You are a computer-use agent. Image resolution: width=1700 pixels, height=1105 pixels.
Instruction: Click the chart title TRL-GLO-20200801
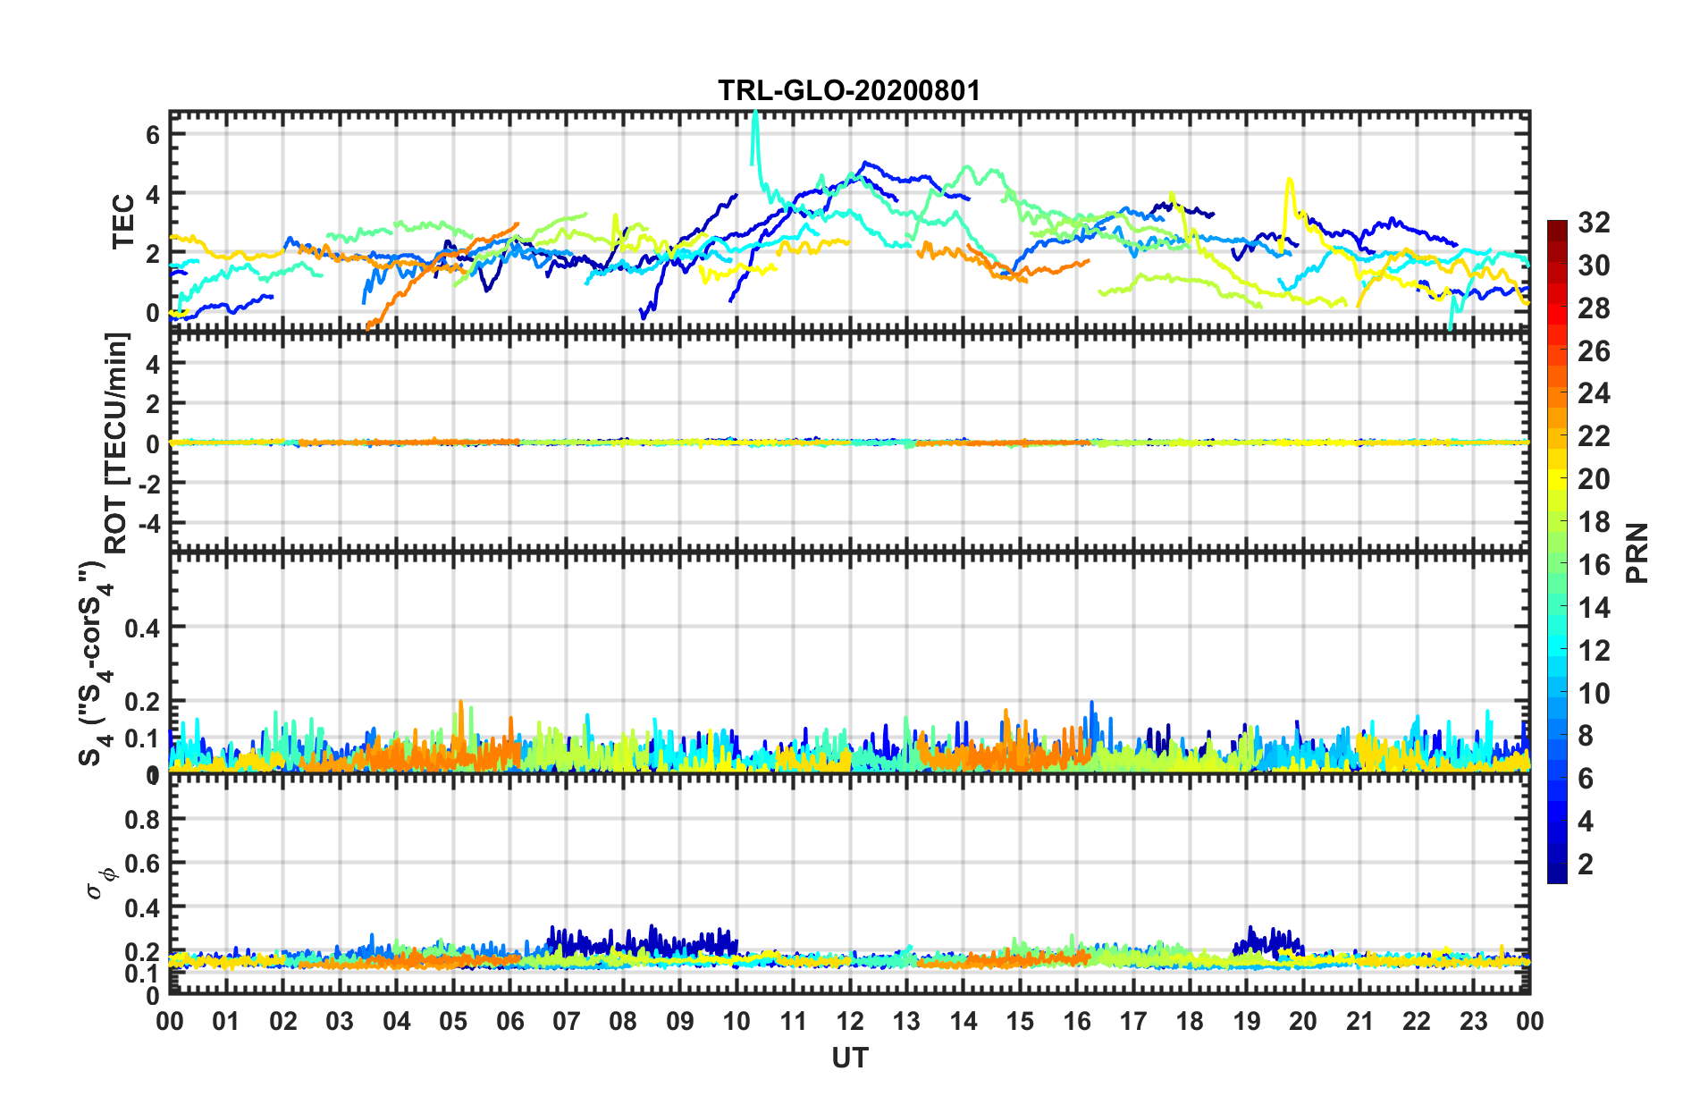pos(849,90)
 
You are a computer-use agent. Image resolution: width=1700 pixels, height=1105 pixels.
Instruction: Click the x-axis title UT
pos(849,1059)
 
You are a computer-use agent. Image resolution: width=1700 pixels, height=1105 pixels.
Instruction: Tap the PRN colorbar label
pos(1637,552)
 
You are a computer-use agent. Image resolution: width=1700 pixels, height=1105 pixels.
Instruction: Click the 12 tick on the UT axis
pos(850,1022)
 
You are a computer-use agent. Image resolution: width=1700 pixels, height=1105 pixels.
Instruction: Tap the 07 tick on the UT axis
pos(567,1022)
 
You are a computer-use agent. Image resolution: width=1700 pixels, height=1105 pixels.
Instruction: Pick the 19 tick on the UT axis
pos(1247,1022)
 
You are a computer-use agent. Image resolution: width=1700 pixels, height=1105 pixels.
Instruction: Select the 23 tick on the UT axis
pos(1473,1022)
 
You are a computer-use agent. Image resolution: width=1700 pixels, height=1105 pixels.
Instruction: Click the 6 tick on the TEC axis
pos(153,134)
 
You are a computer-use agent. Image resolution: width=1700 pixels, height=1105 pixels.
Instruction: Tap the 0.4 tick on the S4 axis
pos(142,628)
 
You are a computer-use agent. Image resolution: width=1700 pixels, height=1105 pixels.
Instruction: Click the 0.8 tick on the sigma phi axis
pos(142,820)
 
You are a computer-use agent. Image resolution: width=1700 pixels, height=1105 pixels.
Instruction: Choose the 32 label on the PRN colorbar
pos(1594,223)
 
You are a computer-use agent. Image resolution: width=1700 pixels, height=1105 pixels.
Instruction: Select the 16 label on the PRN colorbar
pos(1594,565)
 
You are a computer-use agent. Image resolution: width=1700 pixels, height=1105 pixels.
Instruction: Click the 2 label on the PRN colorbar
pos(1586,865)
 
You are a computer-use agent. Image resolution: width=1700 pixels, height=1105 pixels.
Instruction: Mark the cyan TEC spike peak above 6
pos(756,113)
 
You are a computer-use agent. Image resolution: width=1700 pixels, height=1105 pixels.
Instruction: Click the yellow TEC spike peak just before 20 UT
pos(1289,180)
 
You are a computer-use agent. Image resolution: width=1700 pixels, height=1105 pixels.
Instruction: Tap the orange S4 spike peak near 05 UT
pos(461,702)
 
